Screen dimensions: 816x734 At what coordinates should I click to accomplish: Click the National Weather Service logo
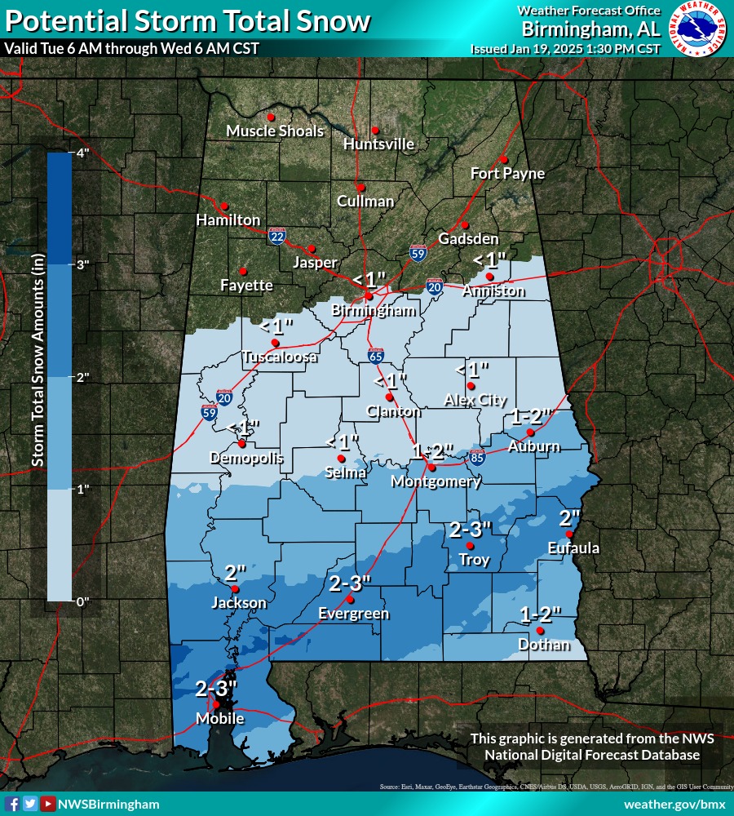click(x=697, y=29)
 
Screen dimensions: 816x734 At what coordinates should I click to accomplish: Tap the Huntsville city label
click(x=378, y=144)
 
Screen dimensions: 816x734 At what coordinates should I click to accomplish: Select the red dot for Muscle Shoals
click(x=271, y=117)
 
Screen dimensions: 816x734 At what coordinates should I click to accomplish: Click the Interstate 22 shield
click(x=277, y=236)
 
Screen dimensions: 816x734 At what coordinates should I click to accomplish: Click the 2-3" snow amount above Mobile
click(x=216, y=688)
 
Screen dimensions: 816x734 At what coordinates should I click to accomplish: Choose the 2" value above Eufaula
click(x=569, y=517)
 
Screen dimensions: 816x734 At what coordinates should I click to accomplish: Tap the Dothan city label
click(x=544, y=645)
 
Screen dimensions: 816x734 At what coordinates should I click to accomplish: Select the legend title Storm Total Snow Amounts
click(x=38, y=359)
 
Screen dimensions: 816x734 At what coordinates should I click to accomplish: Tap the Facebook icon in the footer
click(x=12, y=804)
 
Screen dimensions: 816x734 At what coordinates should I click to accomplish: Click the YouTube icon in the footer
click(x=48, y=804)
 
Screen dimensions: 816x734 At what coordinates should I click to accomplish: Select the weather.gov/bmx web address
click(x=674, y=804)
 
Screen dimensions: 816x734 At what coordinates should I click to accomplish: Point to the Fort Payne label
click(x=507, y=174)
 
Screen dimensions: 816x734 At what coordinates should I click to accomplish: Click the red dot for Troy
click(x=470, y=545)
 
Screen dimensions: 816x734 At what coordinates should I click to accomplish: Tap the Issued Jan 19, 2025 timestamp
click(x=565, y=49)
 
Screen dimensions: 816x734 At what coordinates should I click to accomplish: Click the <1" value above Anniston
click(x=490, y=259)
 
